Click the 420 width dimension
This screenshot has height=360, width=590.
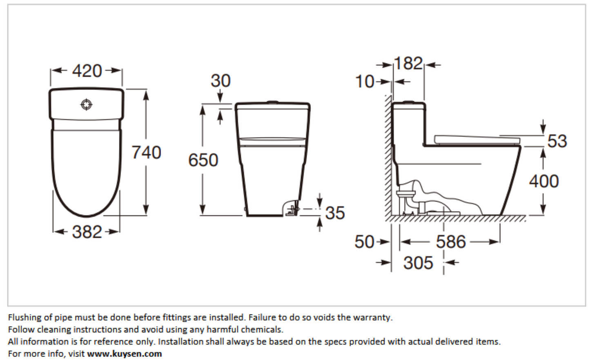87,71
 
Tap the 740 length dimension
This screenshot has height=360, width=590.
146,153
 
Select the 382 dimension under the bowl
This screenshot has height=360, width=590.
87,232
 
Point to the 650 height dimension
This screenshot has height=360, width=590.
203,160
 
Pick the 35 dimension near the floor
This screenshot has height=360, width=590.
335,213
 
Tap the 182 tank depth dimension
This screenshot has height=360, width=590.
409,63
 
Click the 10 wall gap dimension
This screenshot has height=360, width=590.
365,81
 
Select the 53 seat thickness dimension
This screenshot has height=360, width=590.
557,141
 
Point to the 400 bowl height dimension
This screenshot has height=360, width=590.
544,181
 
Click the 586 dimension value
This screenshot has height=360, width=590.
451,242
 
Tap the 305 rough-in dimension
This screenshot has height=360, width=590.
418,263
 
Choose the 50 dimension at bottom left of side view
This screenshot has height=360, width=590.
364,242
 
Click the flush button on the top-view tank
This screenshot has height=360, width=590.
87,104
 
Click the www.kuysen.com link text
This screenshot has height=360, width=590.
124,353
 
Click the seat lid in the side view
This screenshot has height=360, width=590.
477,140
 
